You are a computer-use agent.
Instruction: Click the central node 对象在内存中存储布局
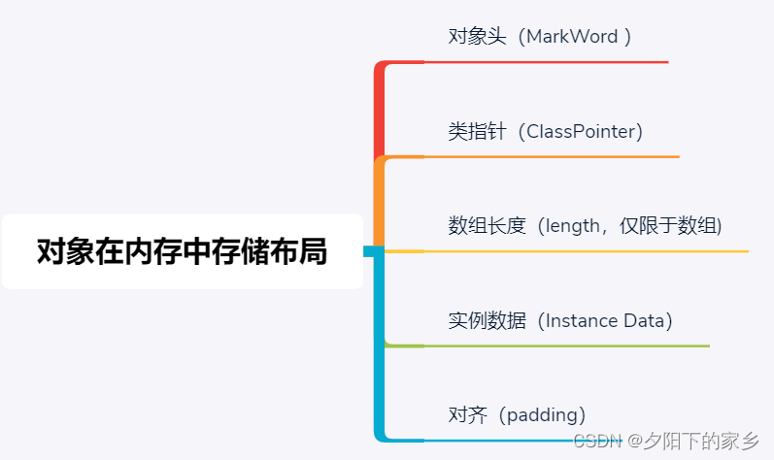pos(183,251)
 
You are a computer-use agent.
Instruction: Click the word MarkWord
pos(572,37)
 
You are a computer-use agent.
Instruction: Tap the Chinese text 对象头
pos(477,37)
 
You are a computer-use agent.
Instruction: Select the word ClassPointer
pos(581,132)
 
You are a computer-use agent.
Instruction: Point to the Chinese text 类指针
pos(477,132)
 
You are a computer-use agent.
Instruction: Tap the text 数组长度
pos(487,226)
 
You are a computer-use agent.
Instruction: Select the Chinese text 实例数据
pos(487,320)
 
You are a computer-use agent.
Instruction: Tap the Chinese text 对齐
pos(467,415)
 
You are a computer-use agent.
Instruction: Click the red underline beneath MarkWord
pos(546,62)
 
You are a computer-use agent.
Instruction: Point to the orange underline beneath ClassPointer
pos(552,157)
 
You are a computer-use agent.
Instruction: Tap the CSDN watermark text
pos(597,441)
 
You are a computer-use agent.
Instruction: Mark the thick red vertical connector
pos(379,111)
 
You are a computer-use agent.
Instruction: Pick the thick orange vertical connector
pos(379,202)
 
